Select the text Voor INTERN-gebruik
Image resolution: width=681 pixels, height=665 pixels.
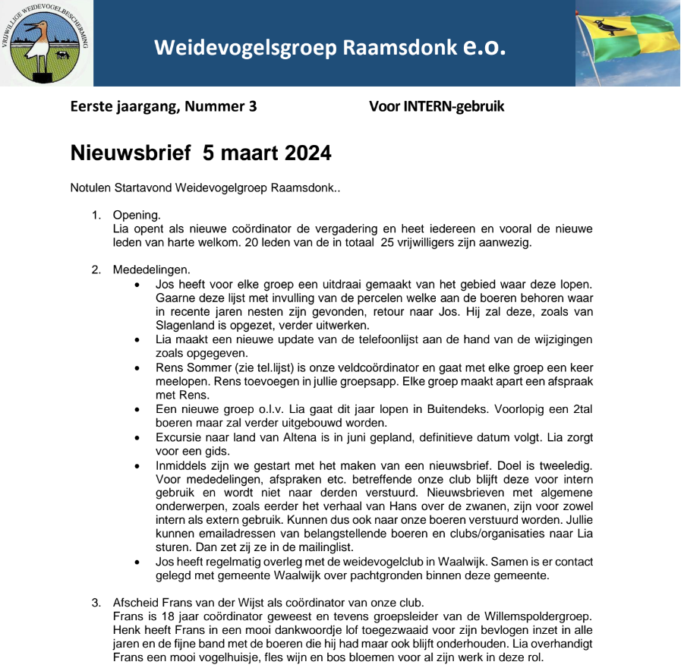point(437,107)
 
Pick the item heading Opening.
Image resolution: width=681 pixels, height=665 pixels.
point(136,216)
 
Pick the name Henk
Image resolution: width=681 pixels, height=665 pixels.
point(125,630)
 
